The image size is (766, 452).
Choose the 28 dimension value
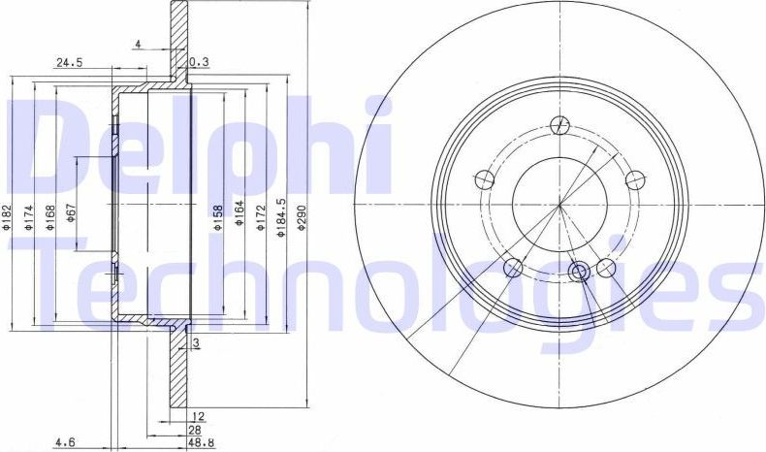click(195, 429)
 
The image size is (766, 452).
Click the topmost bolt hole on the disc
click(559, 124)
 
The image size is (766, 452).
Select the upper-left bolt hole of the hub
click(483, 179)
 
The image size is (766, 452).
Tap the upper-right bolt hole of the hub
click(636, 179)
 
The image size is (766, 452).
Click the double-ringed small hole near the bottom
click(581, 273)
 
